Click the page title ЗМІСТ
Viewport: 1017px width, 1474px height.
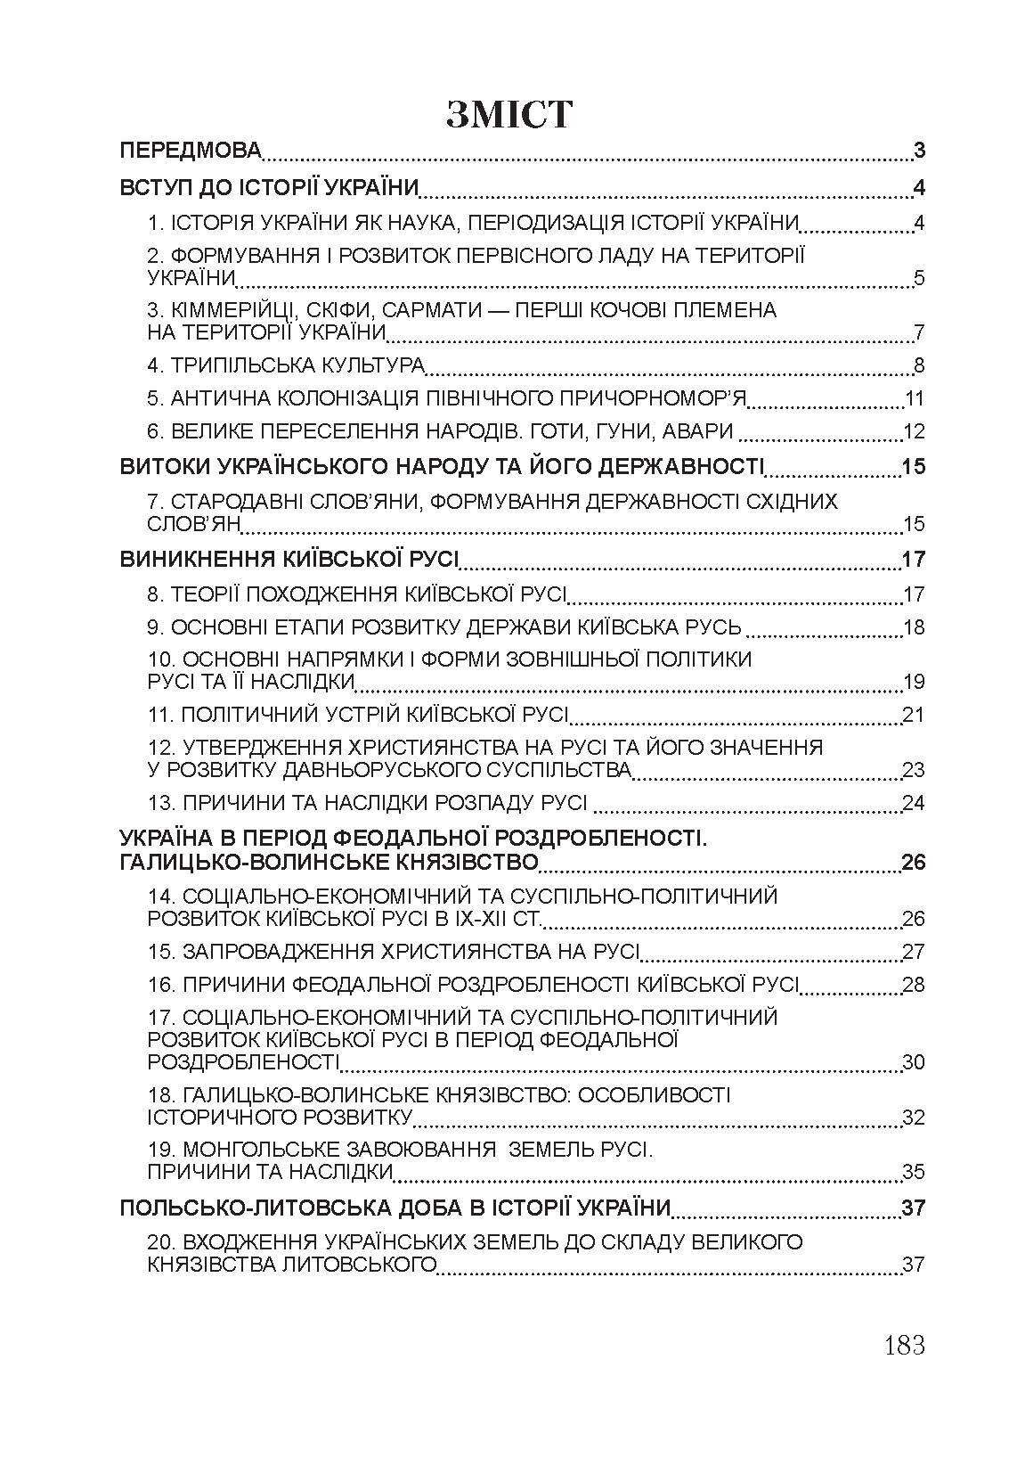[x=508, y=114]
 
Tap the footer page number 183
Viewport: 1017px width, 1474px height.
[x=905, y=1344]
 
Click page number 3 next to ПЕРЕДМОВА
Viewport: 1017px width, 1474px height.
[x=919, y=150]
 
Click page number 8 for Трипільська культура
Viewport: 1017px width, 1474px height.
[x=919, y=365]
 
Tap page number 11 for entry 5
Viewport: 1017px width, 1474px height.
[x=915, y=398]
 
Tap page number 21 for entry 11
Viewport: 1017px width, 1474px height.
[x=914, y=715]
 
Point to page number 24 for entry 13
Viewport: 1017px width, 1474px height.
[x=914, y=803]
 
